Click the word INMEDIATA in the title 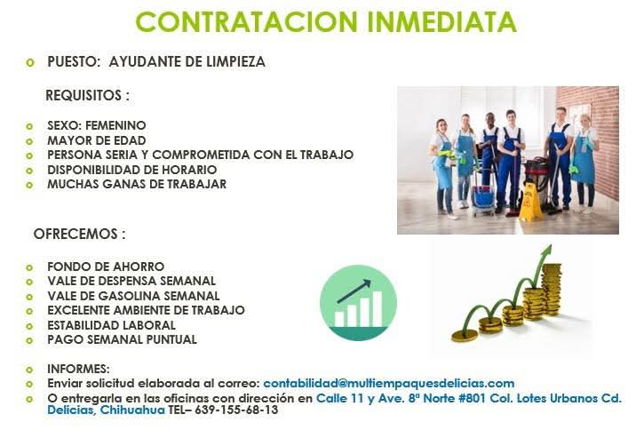coord(441,21)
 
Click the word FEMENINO coord(115,125)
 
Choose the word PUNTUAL coord(171,339)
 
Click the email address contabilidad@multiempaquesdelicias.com coord(388,383)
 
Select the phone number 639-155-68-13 coord(236,410)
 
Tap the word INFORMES coord(78,369)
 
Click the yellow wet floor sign coord(530,202)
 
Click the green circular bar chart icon coord(358,303)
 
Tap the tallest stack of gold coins coord(552,289)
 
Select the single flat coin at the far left coord(465,336)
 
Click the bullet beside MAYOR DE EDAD coord(29,141)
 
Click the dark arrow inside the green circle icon coord(354,291)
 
